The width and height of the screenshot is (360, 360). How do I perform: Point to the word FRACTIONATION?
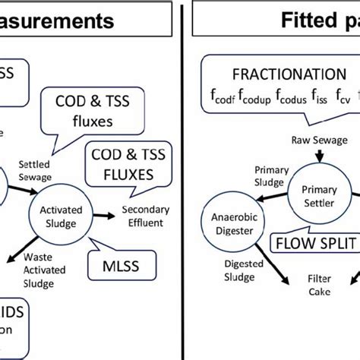(277, 74)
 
